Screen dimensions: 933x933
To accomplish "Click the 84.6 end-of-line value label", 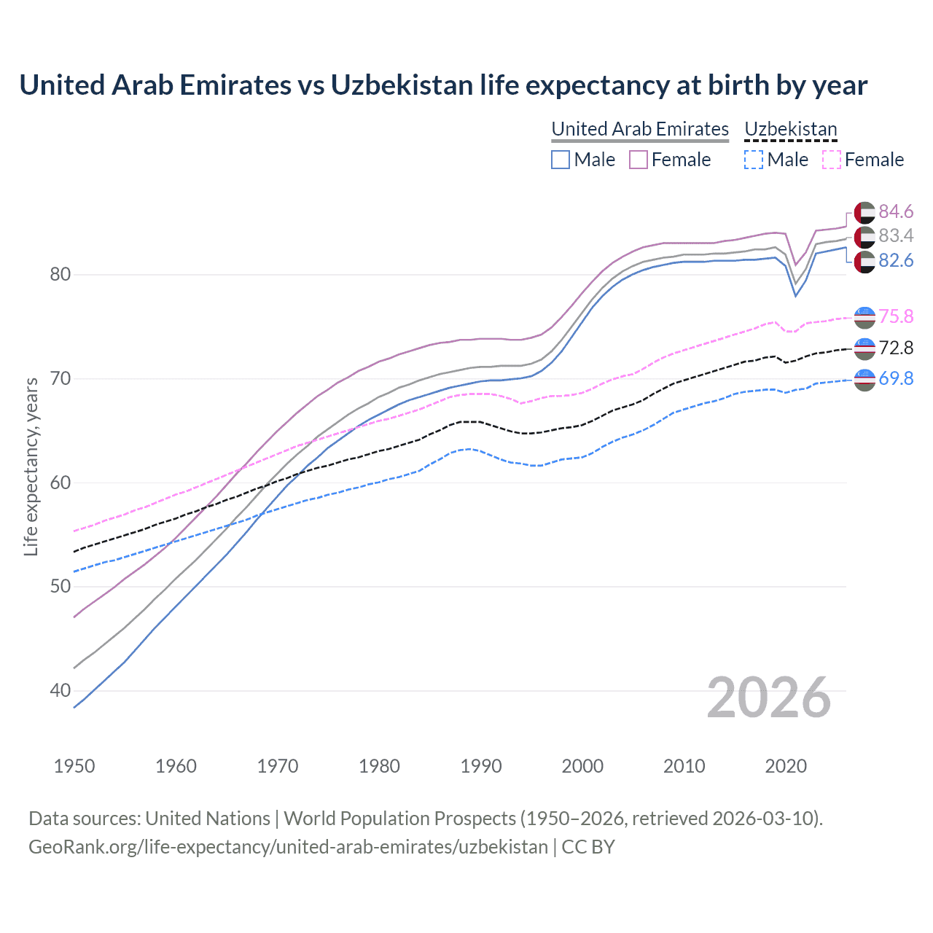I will point(896,211).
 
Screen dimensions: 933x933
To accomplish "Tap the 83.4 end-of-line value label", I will point(896,235).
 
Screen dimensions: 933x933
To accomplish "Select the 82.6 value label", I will point(896,260).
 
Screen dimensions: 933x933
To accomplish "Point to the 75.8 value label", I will point(896,316).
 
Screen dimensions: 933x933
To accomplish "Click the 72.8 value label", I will point(896,348).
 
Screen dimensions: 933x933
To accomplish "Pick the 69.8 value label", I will point(896,378).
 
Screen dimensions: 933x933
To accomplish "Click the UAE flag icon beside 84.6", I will point(864,212).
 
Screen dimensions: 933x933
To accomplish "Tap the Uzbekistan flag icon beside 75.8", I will point(864,317).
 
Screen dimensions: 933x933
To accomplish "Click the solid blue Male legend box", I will point(560,160).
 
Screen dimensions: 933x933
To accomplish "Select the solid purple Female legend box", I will point(639,160).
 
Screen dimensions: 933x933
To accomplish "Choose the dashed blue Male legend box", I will point(754,160).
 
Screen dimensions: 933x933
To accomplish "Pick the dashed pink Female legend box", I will point(832,160).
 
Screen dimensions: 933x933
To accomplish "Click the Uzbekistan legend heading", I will point(791,129).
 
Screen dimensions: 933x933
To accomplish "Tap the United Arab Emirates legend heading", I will point(640,129).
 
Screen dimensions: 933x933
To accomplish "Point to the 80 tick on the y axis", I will point(60,275).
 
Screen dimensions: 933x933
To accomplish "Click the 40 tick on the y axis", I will point(60,690).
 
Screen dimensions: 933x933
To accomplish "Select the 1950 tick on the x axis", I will point(74,766).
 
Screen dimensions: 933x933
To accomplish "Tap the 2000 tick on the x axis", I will point(582,766).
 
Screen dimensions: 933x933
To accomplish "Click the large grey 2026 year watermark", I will point(769,698).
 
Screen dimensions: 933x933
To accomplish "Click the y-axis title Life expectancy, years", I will point(31,466).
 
